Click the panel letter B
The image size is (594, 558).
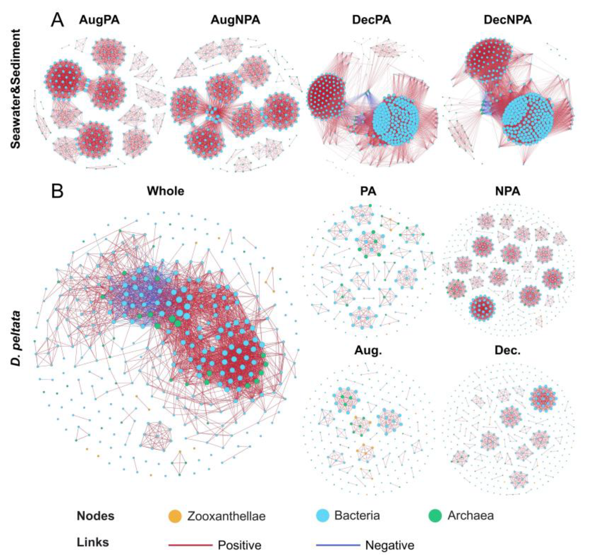[x=57, y=191]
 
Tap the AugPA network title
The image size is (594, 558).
[x=99, y=20]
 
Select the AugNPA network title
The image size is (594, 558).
[x=235, y=20]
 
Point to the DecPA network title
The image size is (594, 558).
[x=371, y=20]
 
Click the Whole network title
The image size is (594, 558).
[x=165, y=191]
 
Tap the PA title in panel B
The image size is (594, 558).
[x=368, y=191]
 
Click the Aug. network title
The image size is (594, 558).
[x=368, y=350]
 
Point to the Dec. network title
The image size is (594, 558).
[x=508, y=350]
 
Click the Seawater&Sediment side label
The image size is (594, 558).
[x=16, y=89]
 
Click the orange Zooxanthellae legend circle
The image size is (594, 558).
[x=175, y=516]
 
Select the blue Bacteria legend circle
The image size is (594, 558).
[x=323, y=515]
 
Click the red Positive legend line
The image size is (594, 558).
[x=190, y=545]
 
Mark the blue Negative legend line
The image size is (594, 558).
[x=338, y=545]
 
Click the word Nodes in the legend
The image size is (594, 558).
[x=96, y=516]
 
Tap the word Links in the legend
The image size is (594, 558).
[x=93, y=542]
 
